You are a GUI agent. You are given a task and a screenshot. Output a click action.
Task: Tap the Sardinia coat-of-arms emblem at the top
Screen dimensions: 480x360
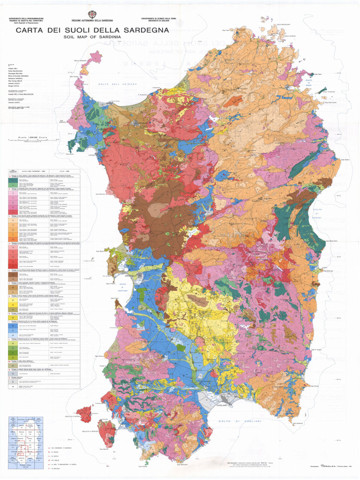92,15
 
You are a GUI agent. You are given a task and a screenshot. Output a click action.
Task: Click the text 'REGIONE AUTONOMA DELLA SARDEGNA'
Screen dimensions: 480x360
92,21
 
